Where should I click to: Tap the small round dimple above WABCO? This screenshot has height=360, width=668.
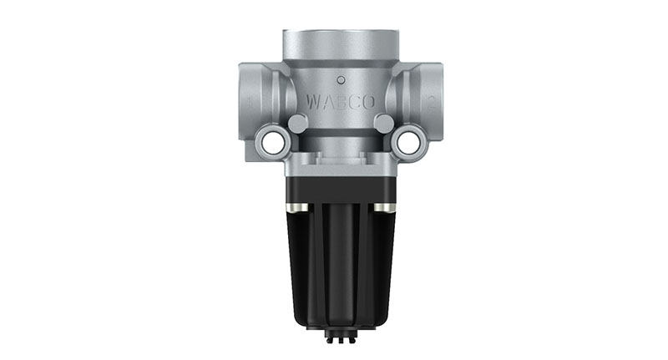(x=340, y=80)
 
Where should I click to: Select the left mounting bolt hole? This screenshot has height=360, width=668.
(x=271, y=142)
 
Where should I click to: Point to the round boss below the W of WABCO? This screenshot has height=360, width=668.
(x=296, y=124)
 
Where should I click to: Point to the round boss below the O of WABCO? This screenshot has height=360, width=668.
(x=383, y=124)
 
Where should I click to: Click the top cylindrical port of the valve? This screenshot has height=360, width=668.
(x=340, y=46)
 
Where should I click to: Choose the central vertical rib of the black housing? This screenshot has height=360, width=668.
(x=340, y=259)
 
